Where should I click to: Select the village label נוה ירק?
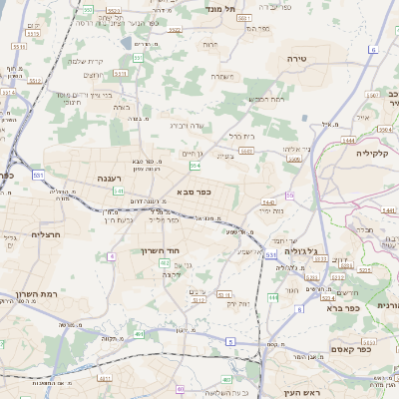click(x=235, y=302)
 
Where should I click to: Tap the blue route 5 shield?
click(x=229, y=342)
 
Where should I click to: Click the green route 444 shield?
click(x=272, y=298)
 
